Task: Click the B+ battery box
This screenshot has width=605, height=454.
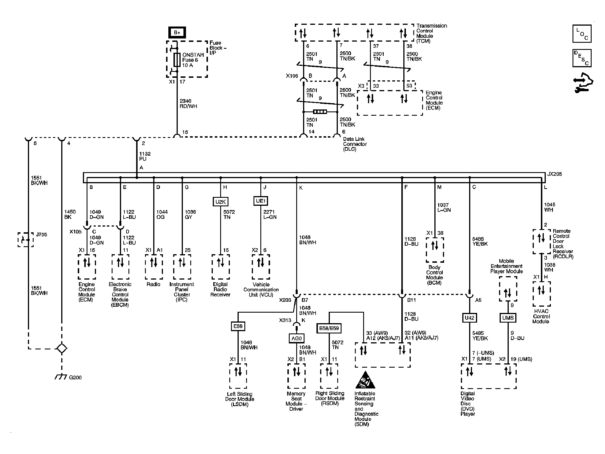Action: click(x=177, y=32)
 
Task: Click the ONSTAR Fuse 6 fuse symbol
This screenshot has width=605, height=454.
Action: click(x=177, y=60)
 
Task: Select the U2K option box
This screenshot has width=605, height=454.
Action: click(x=220, y=202)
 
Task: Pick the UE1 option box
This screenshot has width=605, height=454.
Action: click(x=261, y=201)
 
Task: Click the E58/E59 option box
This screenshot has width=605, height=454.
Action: click(x=329, y=328)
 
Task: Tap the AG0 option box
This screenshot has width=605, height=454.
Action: click(x=297, y=338)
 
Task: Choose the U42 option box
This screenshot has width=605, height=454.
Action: click(x=469, y=318)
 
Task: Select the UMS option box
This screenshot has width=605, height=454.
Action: click(x=508, y=318)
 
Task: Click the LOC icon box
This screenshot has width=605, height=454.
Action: click(x=582, y=34)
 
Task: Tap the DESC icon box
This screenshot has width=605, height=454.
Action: click(x=582, y=58)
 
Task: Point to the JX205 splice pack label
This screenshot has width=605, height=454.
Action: click(x=554, y=174)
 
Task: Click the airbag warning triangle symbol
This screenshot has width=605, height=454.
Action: click(x=365, y=380)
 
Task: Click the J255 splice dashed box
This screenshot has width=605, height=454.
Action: click(x=26, y=240)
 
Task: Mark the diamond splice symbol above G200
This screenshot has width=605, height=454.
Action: click(x=62, y=349)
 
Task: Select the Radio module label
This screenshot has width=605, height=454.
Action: click(x=154, y=284)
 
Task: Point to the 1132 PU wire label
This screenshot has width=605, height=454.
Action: click(x=145, y=156)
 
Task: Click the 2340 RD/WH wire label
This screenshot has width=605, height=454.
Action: click(x=188, y=104)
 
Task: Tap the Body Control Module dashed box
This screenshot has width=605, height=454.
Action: click(x=435, y=250)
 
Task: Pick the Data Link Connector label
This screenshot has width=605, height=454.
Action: click(x=355, y=144)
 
